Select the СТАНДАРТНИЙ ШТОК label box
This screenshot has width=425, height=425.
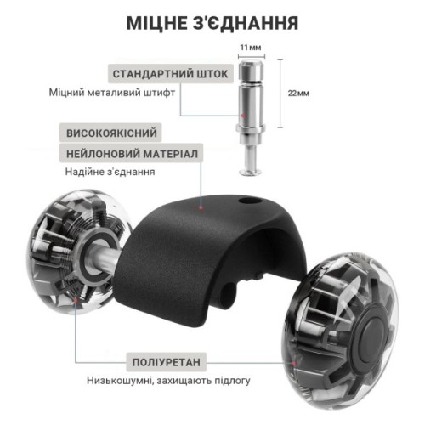(171, 74)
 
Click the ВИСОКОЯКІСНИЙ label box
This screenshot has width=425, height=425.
(111, 133)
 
